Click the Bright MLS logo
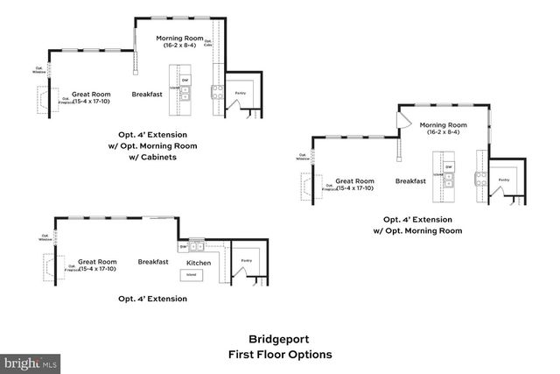(30, 362)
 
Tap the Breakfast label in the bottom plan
(153, 262)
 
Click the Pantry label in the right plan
(503, 180)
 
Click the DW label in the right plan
(449, 166)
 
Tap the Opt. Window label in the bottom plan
(45, 236)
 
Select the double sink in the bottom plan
(197, 245)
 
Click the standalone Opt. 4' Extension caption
(153, 299)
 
